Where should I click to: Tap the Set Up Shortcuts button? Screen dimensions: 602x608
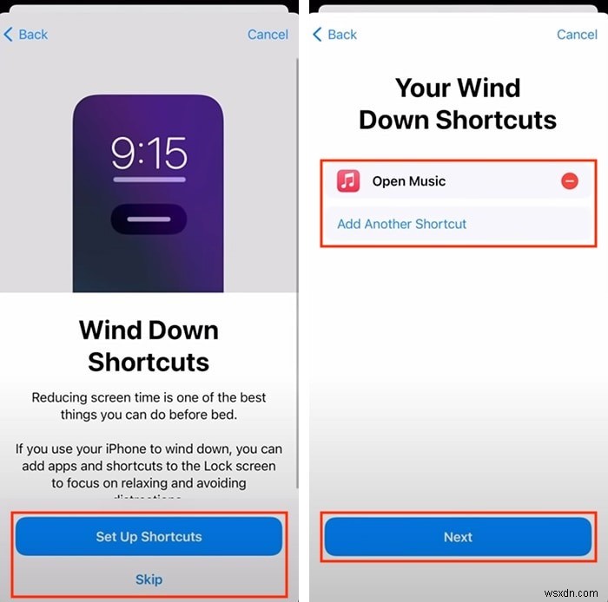149,537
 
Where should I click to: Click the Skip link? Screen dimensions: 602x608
149,579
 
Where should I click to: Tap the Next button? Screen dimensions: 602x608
458,537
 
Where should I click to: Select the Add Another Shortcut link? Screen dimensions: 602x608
401,224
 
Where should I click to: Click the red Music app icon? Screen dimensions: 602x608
348,181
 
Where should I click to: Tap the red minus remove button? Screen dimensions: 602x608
569,181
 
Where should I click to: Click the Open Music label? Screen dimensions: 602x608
408,181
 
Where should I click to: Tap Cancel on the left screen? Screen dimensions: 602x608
268,35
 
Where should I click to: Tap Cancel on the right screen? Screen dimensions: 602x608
577,35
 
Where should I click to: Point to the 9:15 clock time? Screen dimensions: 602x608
149,154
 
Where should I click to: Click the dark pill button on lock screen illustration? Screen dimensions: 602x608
149,219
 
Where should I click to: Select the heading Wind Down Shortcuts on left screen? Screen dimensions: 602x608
149,345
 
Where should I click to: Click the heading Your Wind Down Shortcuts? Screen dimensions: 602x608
458,103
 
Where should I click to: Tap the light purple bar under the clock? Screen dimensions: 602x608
149,180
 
